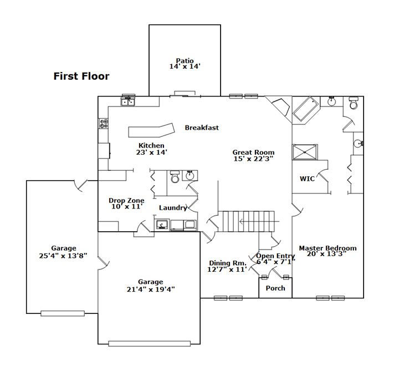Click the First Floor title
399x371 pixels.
coord(81,76)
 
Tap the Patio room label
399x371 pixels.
coord(185,60)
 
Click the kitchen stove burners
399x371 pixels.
coord(104,124)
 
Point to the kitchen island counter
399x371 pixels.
coord(151,130)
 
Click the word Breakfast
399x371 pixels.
coord(202,128)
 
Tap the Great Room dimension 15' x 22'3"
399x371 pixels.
coord(253,159)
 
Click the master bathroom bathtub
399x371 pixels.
coord(305,109)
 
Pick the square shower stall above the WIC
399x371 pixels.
coord(305,153)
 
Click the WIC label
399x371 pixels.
coord(307,179)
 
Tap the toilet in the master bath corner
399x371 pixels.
coord(354,103)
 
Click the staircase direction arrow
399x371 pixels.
coord(259,221)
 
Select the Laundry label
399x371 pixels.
coord(173,208)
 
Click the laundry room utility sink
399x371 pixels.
coord(162,225)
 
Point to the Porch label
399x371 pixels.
coord(275,288)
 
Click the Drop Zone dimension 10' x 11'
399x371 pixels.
coord(126,206)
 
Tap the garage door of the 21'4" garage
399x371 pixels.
coord(150,344)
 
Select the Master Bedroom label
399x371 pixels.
coord(328,248)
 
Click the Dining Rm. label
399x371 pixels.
coord(228,263)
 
